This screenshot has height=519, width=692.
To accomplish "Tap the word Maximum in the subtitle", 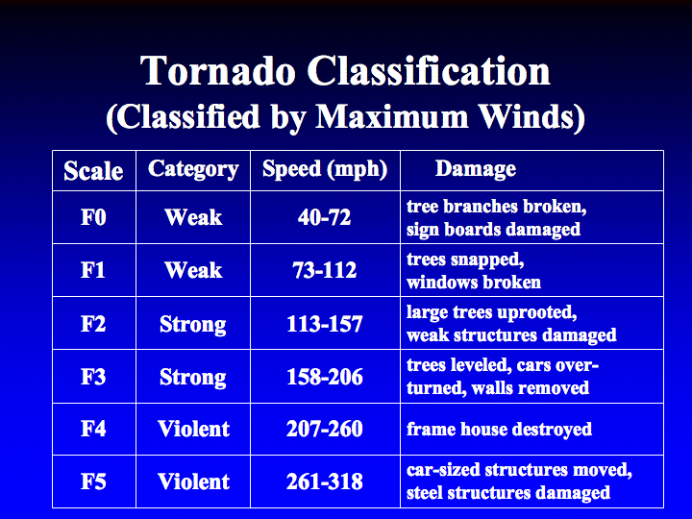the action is pos(392,116).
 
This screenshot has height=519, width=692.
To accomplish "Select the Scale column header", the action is pos(93,171).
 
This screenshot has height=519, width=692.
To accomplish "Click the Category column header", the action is pos(193,169).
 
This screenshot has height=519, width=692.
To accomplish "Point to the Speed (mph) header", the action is pos(325,169).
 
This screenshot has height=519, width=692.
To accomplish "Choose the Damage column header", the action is pos(476,169).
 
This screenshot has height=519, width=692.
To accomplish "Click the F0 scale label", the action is pos(93,217).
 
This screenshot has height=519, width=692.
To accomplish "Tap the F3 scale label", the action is pos(93,377).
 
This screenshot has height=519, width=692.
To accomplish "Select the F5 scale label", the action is pos(93,482).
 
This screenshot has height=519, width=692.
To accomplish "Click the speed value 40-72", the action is pos(325,217).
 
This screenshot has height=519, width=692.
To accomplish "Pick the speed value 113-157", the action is pos(325,324).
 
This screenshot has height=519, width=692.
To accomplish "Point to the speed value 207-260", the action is pos(325,429).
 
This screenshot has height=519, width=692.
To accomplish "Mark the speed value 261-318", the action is pos(325,482).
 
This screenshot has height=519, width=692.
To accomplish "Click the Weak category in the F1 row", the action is pos(193,270).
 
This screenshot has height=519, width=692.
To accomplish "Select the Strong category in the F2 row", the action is pos(193,325).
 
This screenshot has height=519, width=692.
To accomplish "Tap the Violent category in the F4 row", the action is pos(194,429).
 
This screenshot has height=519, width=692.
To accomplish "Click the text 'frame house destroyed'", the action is pos(499,429).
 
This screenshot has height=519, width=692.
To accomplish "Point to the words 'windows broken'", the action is pos(474,282).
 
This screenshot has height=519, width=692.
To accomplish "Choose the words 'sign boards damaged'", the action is pos(493,230).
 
